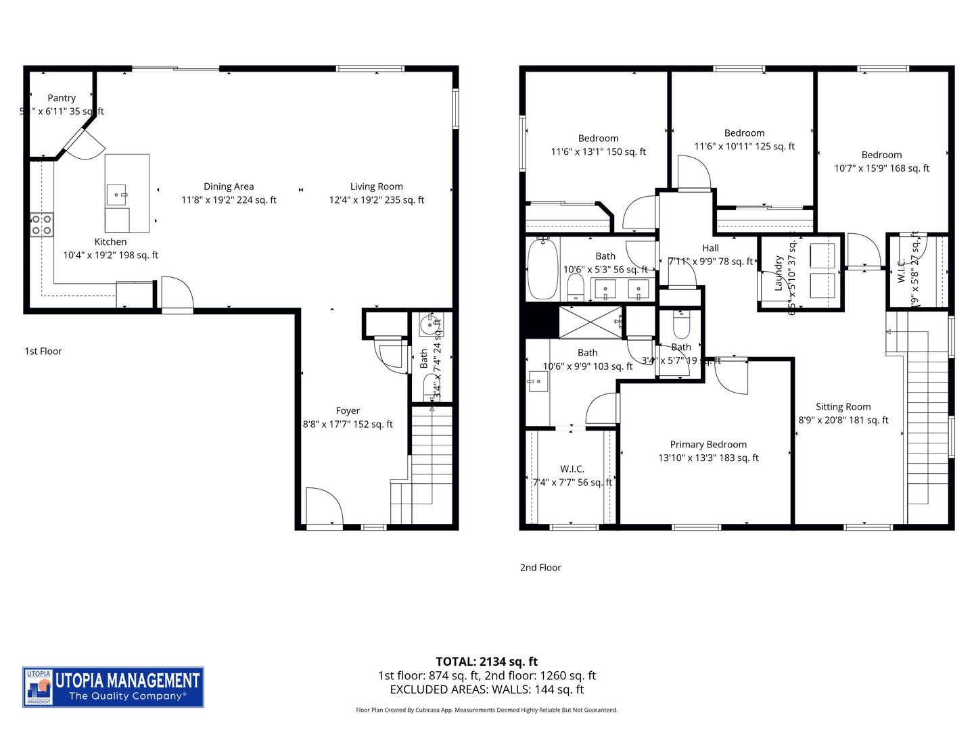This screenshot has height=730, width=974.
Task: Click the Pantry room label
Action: coord(62,98)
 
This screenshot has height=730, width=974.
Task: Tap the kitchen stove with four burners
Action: coord(42,224)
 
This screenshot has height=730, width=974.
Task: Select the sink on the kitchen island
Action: coord(116,194)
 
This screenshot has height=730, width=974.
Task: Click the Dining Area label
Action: coord(229,187)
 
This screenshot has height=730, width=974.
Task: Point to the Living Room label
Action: coord(376,187)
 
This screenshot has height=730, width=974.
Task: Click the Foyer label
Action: coord(348,411)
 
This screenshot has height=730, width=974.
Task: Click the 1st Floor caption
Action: coord(43,351)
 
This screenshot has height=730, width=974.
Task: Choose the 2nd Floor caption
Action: coord(540,568)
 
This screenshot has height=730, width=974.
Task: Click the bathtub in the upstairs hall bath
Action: coord(542,268)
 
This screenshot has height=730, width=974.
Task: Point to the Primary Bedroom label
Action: coord(708,445)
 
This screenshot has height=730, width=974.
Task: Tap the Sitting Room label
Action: coord(843,407)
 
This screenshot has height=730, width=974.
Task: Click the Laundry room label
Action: coord(779,273)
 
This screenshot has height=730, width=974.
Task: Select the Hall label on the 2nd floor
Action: coord(710,248)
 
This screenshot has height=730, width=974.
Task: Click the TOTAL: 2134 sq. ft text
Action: coord(486,662)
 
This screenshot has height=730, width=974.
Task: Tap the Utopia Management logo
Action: coord(113,687)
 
